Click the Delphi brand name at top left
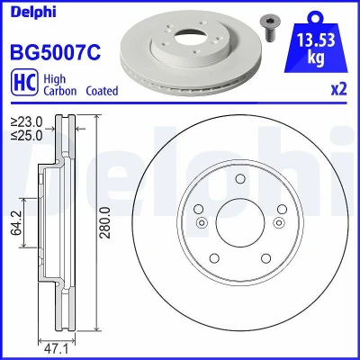pos(33,12)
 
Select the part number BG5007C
pos(56,52)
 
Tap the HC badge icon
pos(24,82)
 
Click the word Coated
pos(102,91)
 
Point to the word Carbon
pos(60,91)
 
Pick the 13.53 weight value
pos(316,40)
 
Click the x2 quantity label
pos(338,89)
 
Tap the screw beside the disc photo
pos(266,30)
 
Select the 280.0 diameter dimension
pos(105,222)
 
